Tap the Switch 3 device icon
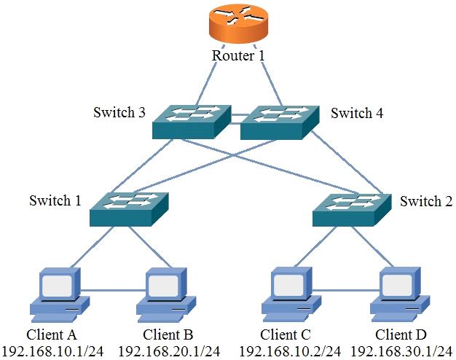(x=192, y=122)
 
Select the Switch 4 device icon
(x=280, y=122)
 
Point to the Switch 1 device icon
(x=129, y=209)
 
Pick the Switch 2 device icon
(x=352, y=209)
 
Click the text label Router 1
(x=238, y=55)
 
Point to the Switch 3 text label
(x=119, y=112)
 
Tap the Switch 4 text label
(x=357, y=113)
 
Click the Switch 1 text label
(x=55, y=200)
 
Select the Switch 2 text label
(x=426, y=201)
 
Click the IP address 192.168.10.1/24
(x=52, y=351)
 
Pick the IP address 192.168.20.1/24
(x=169, y=351)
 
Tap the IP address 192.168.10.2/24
(x=290, y=351)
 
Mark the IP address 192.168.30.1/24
(x=401, y=351)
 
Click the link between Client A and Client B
(x=113, y=290)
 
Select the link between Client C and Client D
(x=346, y=290)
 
